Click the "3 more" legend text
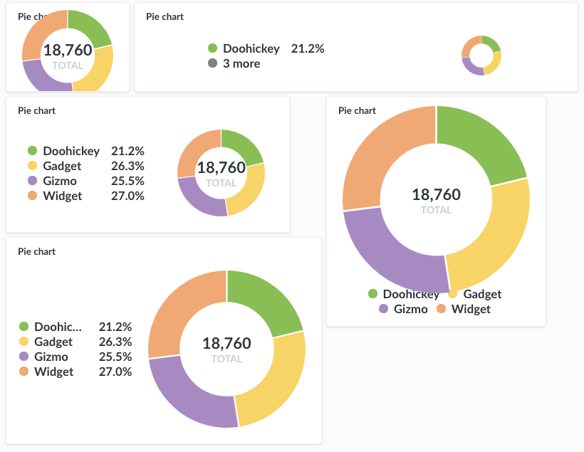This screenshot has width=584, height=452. tap(241, 64)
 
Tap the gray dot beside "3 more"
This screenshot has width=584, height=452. tap(212, 64)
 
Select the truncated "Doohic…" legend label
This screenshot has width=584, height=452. tap(58, 327)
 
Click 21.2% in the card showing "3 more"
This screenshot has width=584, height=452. tap(308, 49)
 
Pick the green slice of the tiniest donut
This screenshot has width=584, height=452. tap(491, 43)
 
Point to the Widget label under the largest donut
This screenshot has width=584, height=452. tap(471, 309)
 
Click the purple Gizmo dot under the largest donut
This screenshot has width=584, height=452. tap(384, 309)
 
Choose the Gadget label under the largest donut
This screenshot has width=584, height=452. tap(482, 294)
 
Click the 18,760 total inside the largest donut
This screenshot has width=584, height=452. tap(436, 195)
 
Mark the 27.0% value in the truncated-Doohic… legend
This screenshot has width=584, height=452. tap(115, 372)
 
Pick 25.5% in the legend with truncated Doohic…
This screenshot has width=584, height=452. tap(115, 357)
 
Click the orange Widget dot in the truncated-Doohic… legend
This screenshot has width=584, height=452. tap(24, 372)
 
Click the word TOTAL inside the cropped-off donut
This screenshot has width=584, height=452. tap(68, 65)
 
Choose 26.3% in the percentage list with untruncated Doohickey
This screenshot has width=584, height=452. tap(127, 166)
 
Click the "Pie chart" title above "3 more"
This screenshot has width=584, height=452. tap(165, 17)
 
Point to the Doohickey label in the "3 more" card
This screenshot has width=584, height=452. tap(251, 49)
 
